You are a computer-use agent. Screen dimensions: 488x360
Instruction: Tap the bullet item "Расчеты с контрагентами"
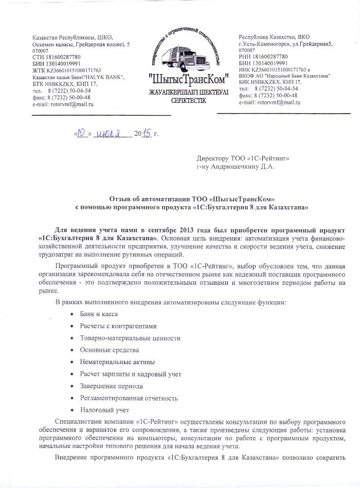click(118, 326)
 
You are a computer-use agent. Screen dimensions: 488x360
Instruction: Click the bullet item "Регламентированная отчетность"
click(129, 398)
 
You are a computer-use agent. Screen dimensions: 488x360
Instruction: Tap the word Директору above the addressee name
click(216, 158)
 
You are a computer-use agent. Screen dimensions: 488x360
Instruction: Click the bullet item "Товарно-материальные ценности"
click(130, 338)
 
